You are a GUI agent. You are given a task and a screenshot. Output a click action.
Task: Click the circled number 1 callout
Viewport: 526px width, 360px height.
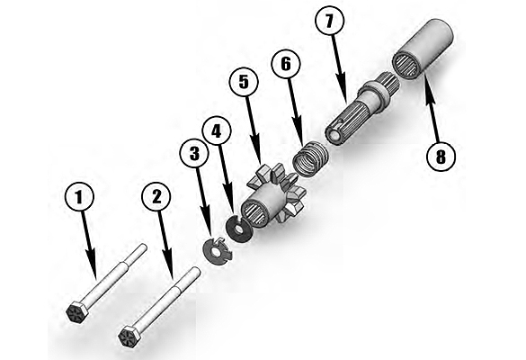(x=79, y=197)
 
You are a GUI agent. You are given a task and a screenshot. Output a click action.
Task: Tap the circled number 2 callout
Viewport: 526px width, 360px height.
(x=156, y=197)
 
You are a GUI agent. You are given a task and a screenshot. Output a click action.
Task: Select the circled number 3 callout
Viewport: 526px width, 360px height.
(x=194, y=154)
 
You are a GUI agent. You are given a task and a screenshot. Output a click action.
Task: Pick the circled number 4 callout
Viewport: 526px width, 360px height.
(x=217, y=131)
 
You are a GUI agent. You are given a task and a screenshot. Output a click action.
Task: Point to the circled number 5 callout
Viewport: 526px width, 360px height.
(x=244, y=83)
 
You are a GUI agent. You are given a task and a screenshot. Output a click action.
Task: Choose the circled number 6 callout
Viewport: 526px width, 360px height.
(x=286, y=65)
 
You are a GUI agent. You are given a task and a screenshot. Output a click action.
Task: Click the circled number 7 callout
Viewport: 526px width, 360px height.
(x=330, y=22)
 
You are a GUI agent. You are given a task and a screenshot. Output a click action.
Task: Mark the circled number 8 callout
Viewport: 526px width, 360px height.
(x=441, y=157)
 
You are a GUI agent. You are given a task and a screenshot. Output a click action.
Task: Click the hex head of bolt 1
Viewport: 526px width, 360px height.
(x=76, y=312)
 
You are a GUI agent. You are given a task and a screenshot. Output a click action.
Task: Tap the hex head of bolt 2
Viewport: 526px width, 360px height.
(x=130, y=337)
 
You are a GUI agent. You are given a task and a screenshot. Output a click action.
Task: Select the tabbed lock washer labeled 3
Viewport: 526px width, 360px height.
(x=217, y=251)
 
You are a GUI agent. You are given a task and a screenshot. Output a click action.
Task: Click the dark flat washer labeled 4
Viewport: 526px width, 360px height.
(x=238, y=229)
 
